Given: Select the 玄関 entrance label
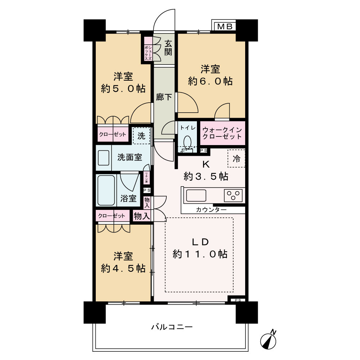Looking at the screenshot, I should click(168, 48).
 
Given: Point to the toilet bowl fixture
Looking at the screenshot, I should click(187, 141).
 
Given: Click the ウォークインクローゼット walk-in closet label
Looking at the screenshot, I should click(222, 133).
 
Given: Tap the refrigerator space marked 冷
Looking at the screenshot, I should click(237, 158).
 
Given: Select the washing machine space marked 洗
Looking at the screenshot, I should click(141, 136).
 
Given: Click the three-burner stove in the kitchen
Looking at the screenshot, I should click(233, 195).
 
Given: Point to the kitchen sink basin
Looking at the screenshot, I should click(196, 195).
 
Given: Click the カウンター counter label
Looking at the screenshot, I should click(211, 210).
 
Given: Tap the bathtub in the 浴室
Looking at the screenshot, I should click(107, 190).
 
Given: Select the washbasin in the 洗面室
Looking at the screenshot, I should click(104, 158).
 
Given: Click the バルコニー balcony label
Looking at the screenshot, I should click(172, 327).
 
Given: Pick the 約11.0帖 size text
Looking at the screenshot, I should click(200, 254).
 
